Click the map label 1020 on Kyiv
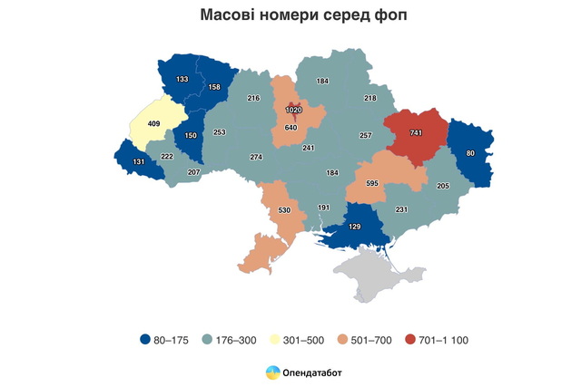[x=293, y=110]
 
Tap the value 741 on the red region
[x=417, y=132]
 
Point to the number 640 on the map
[x=291, y=128]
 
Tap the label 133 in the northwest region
[x=182, y=80]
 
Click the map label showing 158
[x=214, y=88]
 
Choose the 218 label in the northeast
[x=370, y=97]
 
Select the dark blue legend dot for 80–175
[x=145, y=340]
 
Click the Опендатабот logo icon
[x=271, y=372]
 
